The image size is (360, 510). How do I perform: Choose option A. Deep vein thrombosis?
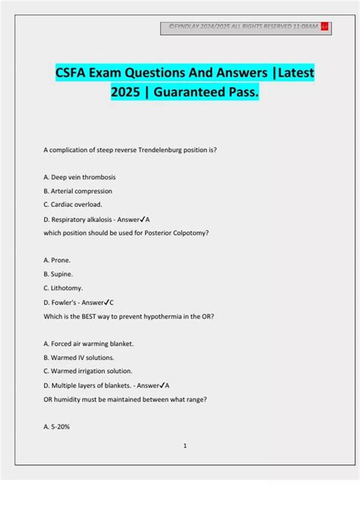[x=80, y=176]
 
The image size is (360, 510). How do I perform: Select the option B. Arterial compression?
[x=78, y=191]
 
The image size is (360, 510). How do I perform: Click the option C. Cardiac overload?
[x=73, y=205]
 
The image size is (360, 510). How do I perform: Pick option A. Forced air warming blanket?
[x=89, y=343]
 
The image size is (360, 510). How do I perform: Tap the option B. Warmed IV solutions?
[x=80, y=356]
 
